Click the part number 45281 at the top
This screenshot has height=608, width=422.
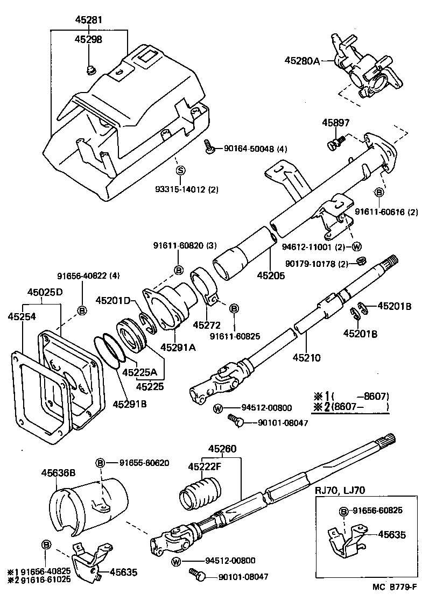pyautogui.click(x=89, y=20)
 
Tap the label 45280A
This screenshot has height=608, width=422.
pyautogui.click(x=301, y=61)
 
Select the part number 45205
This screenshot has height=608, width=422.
pyautogui.click(x=270, y=275)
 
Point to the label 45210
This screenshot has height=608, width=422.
pyautogui.click(x=306, y=357)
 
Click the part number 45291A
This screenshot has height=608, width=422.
pyautogui.click(x=178, y=347)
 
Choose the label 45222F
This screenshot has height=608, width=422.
pyautogui.click(x=205, y=466)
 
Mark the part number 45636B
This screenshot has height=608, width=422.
pyautogui.click(x=58, y=472)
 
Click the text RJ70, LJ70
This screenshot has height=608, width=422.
pyautogui.click(x=341, y=490)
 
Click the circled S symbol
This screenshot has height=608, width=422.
pyautogui.click(x=180, y=171)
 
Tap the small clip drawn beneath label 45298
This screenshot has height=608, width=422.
pyautogui.click(x=90, y=68)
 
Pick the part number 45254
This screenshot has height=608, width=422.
pyautogui.click(x=21, y=317)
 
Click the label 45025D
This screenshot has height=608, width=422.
pyautogui.click(x=45, y=292)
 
